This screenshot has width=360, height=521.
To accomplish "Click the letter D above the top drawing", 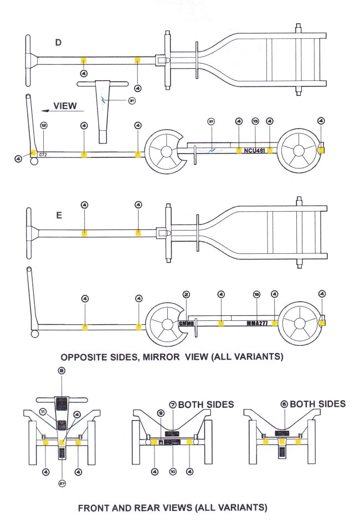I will click(x=58, y=43).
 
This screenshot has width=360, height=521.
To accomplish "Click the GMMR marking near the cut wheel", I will click(x=187, y=323).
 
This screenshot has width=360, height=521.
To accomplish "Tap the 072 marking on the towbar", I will click(x=43, y=155).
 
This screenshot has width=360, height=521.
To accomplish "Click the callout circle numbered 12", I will click(x=44, y=125).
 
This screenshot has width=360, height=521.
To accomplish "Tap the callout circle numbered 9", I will click(x=161, y=413).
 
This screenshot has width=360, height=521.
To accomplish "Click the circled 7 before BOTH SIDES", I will click(x=172, y=405).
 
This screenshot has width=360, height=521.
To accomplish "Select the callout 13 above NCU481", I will click(x=255, y=121).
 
